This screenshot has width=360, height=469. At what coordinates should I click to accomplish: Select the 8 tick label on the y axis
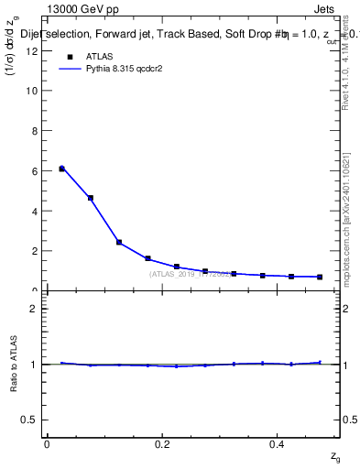(34, 131)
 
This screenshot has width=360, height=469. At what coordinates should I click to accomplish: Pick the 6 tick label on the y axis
(34, 170)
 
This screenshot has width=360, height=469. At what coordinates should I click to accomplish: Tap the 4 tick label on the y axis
(34, 211)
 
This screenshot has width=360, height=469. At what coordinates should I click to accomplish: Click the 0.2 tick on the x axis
(163, 444)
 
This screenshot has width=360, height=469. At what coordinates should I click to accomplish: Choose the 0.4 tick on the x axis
(278, 444)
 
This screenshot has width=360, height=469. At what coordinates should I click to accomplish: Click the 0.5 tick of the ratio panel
(30, 420)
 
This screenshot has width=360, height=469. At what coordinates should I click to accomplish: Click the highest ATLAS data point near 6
(62, 169)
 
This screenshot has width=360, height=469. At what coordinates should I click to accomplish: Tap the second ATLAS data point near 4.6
(91, 198)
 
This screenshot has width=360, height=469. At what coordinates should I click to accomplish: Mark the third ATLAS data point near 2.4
(119, 242)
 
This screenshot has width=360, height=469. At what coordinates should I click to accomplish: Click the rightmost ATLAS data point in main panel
(320, 277)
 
